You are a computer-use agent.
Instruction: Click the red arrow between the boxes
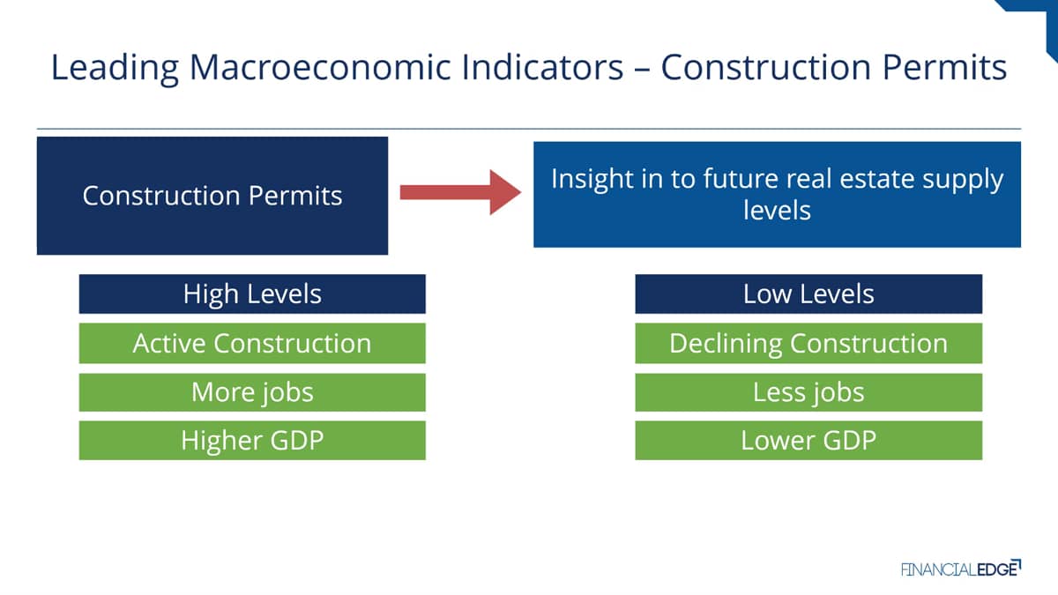coord(460,192)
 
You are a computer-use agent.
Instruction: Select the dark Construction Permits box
coord(212,196)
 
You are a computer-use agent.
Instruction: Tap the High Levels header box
coord(252,294)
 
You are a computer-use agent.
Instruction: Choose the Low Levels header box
coord(808,294)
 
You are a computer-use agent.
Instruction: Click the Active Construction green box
coord(252,343)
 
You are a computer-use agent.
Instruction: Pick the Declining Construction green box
coord(808,343)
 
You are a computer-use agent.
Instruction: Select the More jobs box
coord(252,392)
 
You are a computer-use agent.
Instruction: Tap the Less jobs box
coord(808,392)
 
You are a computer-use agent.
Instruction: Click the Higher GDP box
coord(252,441)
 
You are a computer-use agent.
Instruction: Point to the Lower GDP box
coord(808,441)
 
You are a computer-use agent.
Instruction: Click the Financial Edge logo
coord(961,569)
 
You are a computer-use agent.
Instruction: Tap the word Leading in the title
coord(115,69)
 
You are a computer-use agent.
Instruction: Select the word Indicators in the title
coord(543,68)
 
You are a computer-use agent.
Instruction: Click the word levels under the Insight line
coord(777,210)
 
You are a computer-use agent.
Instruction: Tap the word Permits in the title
coord(944,68)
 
